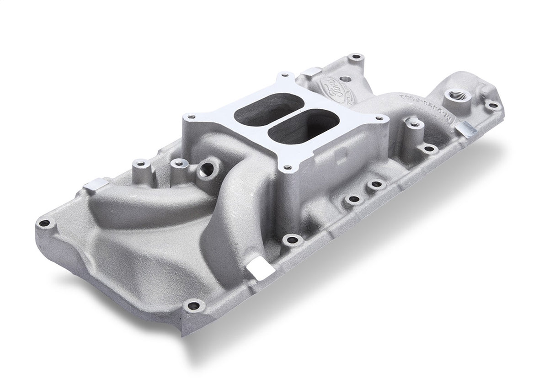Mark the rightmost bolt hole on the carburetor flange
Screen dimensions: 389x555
380,118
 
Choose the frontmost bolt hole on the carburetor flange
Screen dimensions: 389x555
287,168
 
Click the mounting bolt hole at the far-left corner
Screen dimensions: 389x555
44,223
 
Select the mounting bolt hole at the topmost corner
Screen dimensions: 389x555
355,57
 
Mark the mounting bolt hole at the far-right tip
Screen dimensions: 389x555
493,106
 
